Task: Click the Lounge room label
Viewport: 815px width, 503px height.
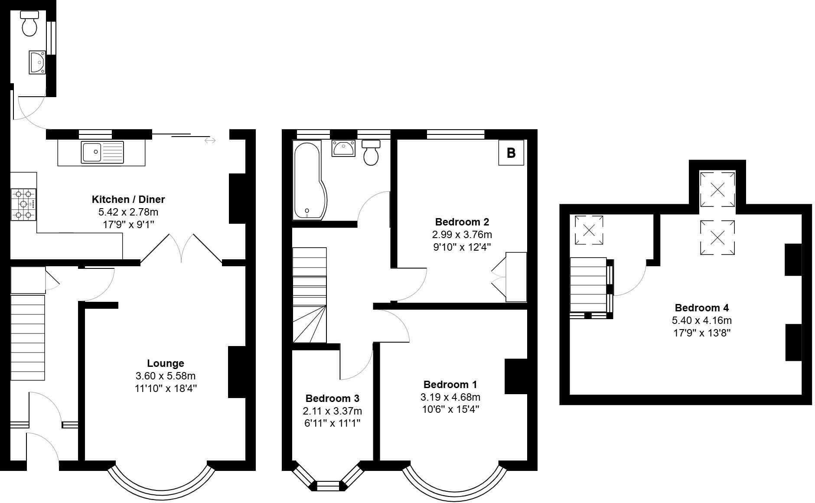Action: [x=165, y=363]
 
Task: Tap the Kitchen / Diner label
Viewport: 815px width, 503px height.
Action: [x=128, y=199]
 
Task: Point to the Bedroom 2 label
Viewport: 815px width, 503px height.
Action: [x=462, y=222]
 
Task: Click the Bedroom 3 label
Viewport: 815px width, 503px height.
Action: [x=333, y=398]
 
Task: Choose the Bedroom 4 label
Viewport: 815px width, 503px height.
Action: [x=701, y=308]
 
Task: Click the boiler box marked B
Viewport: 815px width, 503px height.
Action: [x=511, y=153]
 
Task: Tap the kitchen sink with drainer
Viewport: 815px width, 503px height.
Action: [x=102, y=152]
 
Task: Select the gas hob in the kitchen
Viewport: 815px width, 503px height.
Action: [x=23, y=205]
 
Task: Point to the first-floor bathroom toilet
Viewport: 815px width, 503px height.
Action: [x=371, y=153]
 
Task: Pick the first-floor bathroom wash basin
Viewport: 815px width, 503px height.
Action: [x=343, y=148]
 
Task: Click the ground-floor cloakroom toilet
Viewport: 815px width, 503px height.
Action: [x=30, y=23]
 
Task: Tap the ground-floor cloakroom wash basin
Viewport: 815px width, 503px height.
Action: [x=37, y=62]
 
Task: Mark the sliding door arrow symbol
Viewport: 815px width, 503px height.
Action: [x=210, y=140]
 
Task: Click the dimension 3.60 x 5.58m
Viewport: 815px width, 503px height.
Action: [x=165, y=376]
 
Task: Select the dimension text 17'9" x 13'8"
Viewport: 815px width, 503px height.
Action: [x=701, y=333]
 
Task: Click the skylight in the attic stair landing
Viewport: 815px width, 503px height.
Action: [x=589, y=230]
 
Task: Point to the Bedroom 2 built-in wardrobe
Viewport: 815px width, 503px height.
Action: [x=516, y=277]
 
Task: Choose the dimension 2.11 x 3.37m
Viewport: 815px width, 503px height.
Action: [x=333, y=411]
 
